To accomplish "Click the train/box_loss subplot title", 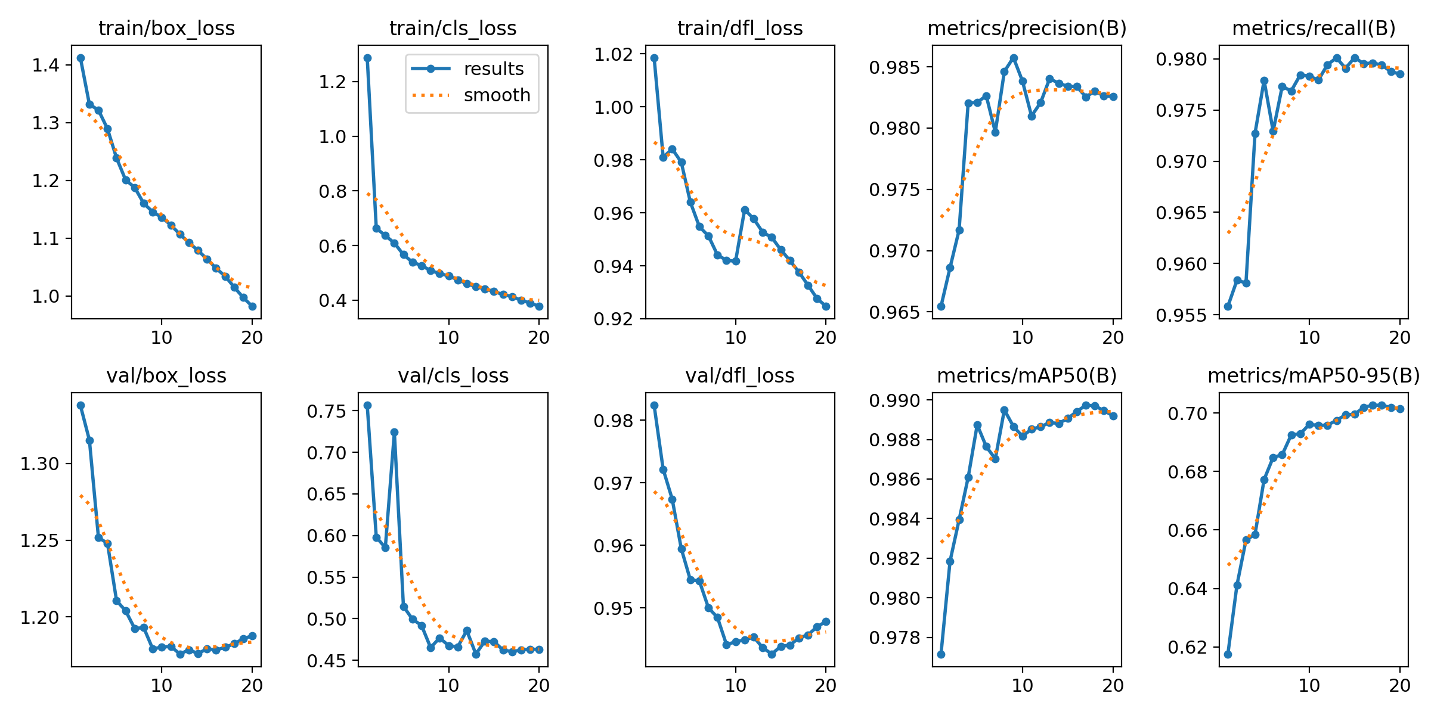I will tap(166, 29).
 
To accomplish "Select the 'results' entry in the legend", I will tap(494, 69).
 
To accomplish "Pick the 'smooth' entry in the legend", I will tap(497, 95).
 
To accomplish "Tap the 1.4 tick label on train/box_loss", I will tap(47, 65).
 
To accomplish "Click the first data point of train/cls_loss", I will tap(367, 58).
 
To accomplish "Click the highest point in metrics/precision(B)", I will tap(1014, 58).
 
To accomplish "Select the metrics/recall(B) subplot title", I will tap(1314, 29).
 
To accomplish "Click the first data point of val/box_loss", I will tap(80, 406).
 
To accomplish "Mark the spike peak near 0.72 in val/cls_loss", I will tap(394, 433).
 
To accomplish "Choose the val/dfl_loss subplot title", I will tap(739, 376).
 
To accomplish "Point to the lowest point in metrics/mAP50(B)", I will tap(941, 654).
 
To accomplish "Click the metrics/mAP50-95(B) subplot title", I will tap(1314, 376).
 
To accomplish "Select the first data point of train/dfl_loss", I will tap(654, 58).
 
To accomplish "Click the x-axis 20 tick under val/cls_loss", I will tap(538, 686).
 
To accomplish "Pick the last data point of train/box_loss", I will tap(252, 306).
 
